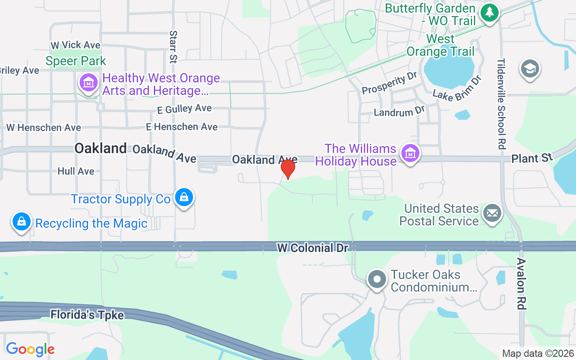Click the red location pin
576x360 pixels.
288,169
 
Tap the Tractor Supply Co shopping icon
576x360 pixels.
184,198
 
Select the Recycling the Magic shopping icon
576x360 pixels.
21,221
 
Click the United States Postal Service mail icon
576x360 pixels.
492,213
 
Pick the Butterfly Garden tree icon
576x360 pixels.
490,12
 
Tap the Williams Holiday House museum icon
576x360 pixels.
410,154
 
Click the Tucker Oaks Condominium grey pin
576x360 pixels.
377,279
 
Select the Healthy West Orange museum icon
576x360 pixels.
89,83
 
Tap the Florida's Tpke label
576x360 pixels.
87,315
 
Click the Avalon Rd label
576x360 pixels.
521,283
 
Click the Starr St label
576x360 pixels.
173,46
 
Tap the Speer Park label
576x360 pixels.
76,61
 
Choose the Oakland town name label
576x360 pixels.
100,148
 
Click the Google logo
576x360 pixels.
30,349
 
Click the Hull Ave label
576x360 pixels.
76,171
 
